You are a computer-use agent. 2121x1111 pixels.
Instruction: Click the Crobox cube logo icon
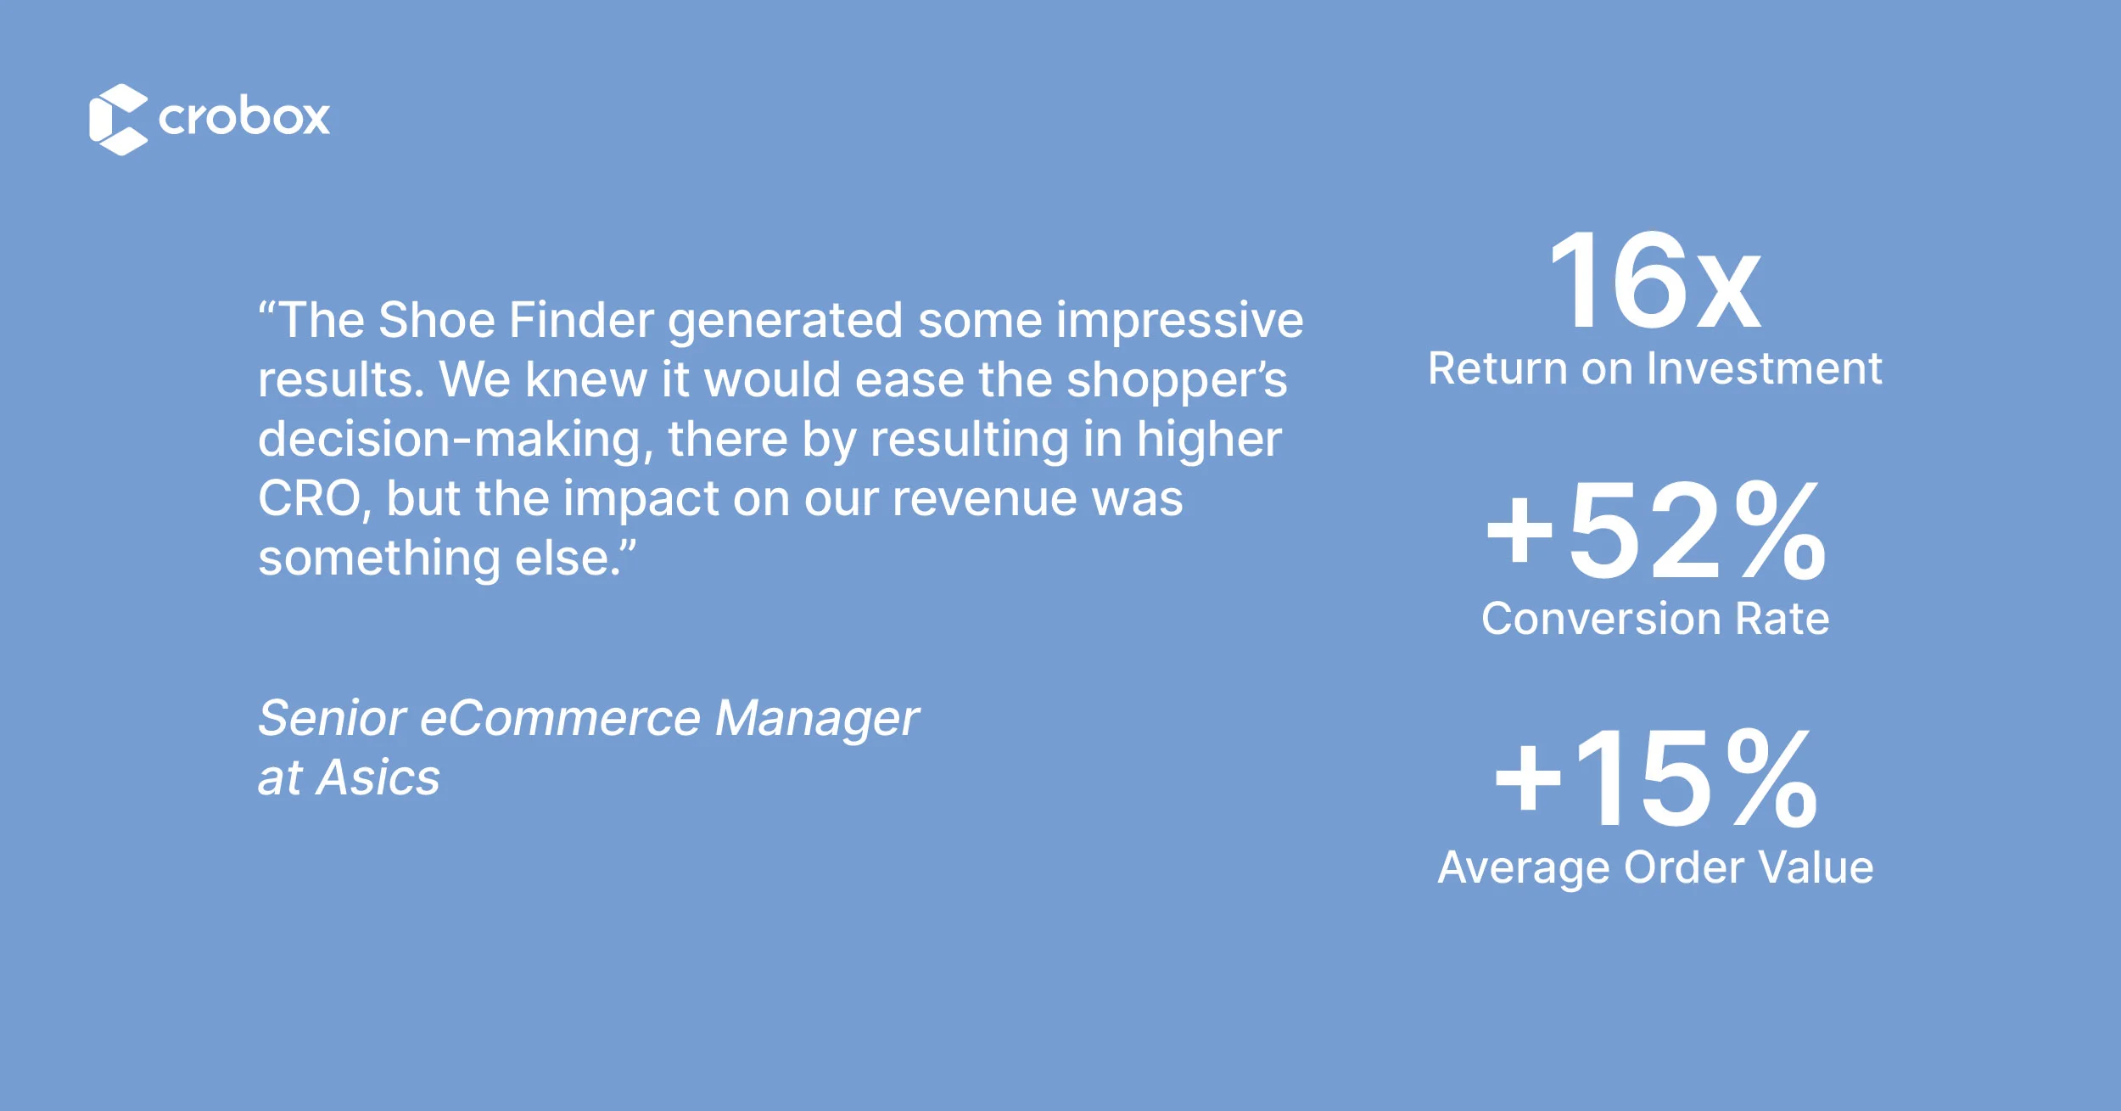[118, 119]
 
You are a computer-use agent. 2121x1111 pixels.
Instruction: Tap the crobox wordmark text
[244, 116]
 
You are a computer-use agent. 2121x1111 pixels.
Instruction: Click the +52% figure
[1655, 530]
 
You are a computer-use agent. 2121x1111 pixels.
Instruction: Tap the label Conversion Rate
[1655, 618]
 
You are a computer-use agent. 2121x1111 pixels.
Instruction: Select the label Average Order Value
[1655, 868]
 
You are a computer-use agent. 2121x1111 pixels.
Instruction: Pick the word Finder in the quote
[581, 320]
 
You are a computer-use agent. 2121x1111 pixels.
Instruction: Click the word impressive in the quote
[1179, 322]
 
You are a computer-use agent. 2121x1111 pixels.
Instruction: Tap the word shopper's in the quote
[1177, 381]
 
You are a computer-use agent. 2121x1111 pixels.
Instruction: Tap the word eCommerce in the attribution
[560, 718]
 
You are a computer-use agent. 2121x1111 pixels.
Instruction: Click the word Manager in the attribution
[816, 720]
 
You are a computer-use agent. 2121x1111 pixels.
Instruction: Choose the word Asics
[378, 777]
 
